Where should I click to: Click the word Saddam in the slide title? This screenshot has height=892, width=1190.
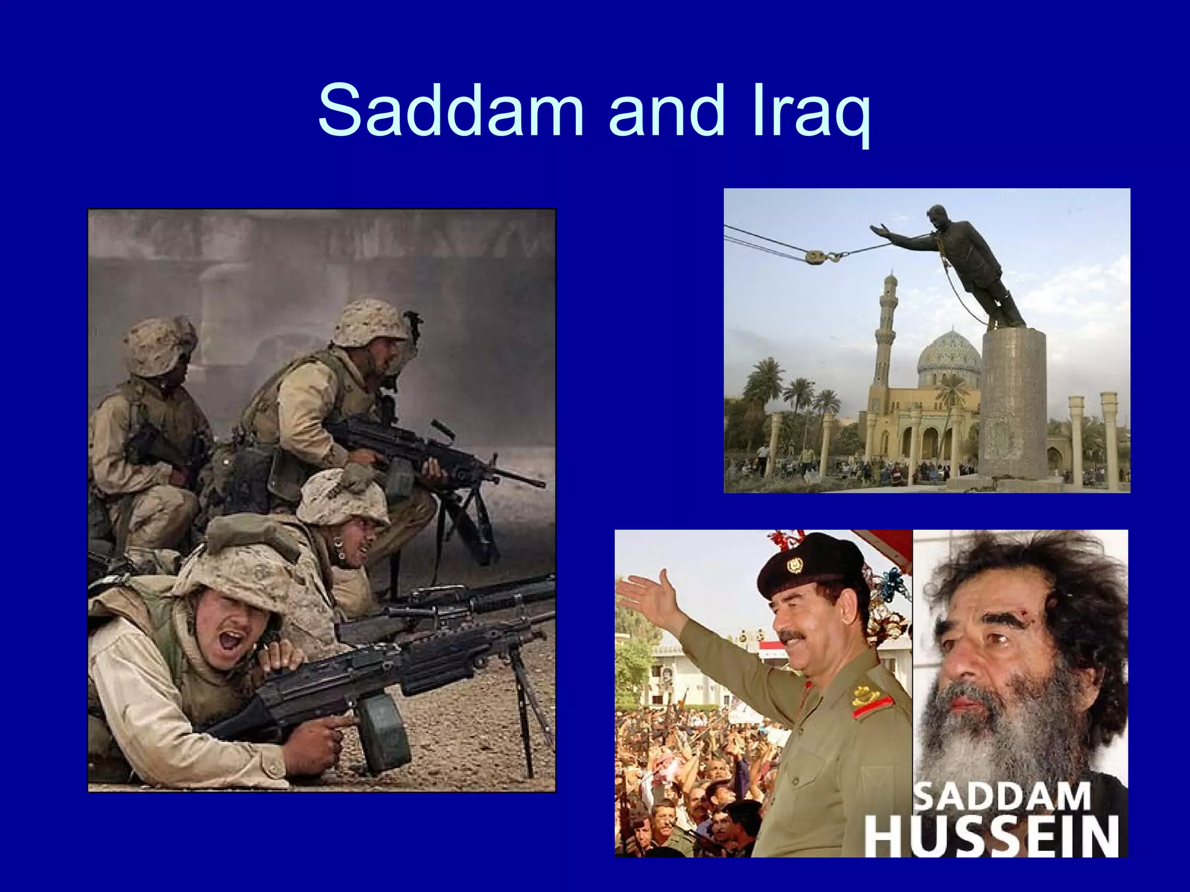click(x=450, y=110)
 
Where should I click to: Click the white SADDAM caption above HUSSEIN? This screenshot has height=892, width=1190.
click(x=1002, y=797)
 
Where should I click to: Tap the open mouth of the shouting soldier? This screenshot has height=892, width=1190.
click(x=231, y=642)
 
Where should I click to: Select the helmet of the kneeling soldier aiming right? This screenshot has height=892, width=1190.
click(x=371, y=322)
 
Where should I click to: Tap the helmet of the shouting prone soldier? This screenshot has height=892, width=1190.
click(x=232, y=575)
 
